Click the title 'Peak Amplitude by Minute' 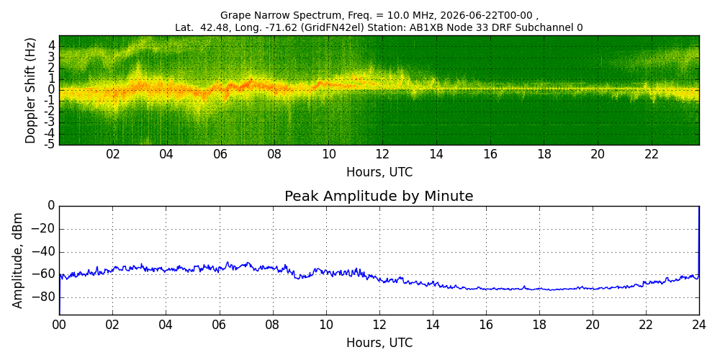(x=379, y=197)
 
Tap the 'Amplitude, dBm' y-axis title (x=17, y=261)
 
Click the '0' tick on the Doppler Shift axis (x=53, y=89)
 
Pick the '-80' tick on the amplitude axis (x=46, y=297)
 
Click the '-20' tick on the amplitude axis (x=46, y=229)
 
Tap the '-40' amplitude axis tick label (x=46, y=252)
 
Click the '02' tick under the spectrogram (x=113, y=154)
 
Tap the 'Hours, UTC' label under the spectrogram (x=379, y=173)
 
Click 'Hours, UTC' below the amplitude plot (x=379, y=343)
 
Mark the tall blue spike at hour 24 (x=699, y=242)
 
